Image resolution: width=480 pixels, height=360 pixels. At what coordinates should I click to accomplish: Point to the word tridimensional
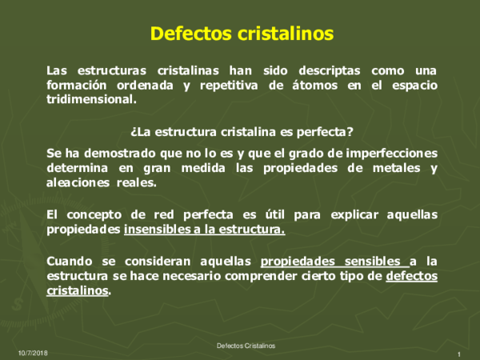coord(92,100)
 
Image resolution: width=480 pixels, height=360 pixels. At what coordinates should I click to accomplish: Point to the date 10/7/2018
coord(33,353)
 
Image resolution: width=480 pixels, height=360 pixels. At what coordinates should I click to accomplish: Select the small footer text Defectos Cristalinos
coord(246,346)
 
